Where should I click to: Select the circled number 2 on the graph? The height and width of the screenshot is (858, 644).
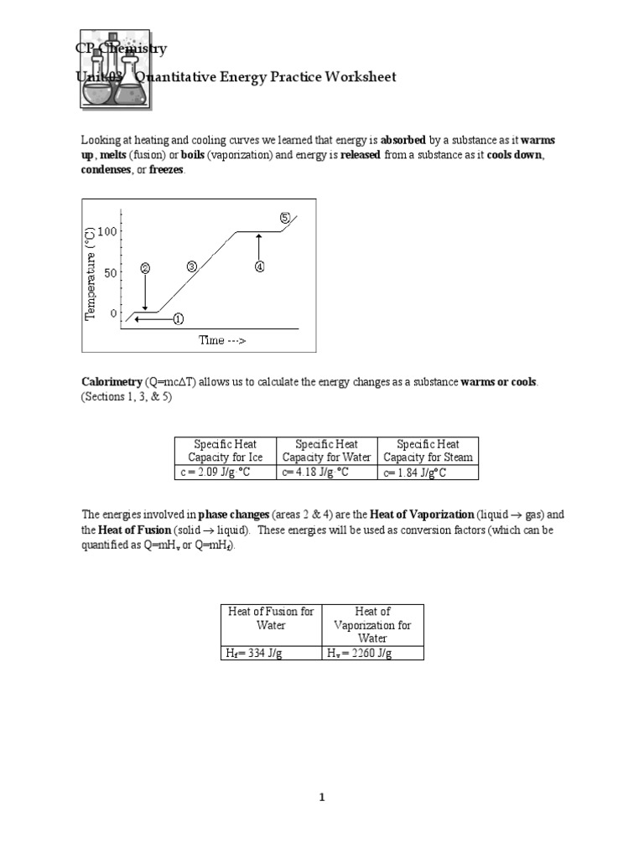tap(145, 269)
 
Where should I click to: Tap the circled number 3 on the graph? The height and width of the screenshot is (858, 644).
tap(191, 266)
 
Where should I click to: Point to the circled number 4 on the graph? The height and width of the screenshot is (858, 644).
tap(259, 266)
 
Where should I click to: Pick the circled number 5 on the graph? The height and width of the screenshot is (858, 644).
tap(284, 218)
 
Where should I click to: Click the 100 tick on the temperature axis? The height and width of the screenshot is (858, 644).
tap(108, 231)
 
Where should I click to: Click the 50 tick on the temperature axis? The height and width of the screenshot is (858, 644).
tap(111, 272)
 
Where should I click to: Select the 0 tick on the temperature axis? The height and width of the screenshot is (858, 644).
tap(114, 313)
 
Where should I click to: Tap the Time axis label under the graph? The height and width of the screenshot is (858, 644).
tap(222, 340)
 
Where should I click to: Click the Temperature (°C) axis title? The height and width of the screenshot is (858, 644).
tap(91, 272)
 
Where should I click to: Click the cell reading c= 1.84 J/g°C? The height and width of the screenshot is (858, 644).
tap(428, 473)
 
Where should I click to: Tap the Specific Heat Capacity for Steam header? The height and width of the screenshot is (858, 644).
tap(428, 451)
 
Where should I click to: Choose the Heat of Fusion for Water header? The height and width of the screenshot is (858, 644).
tap(271, 618)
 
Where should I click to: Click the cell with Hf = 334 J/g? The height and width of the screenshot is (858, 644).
tap(271, 654)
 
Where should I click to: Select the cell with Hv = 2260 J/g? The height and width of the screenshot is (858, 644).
tap(372, 654)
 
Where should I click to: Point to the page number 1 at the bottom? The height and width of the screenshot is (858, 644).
tap(322, 798)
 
